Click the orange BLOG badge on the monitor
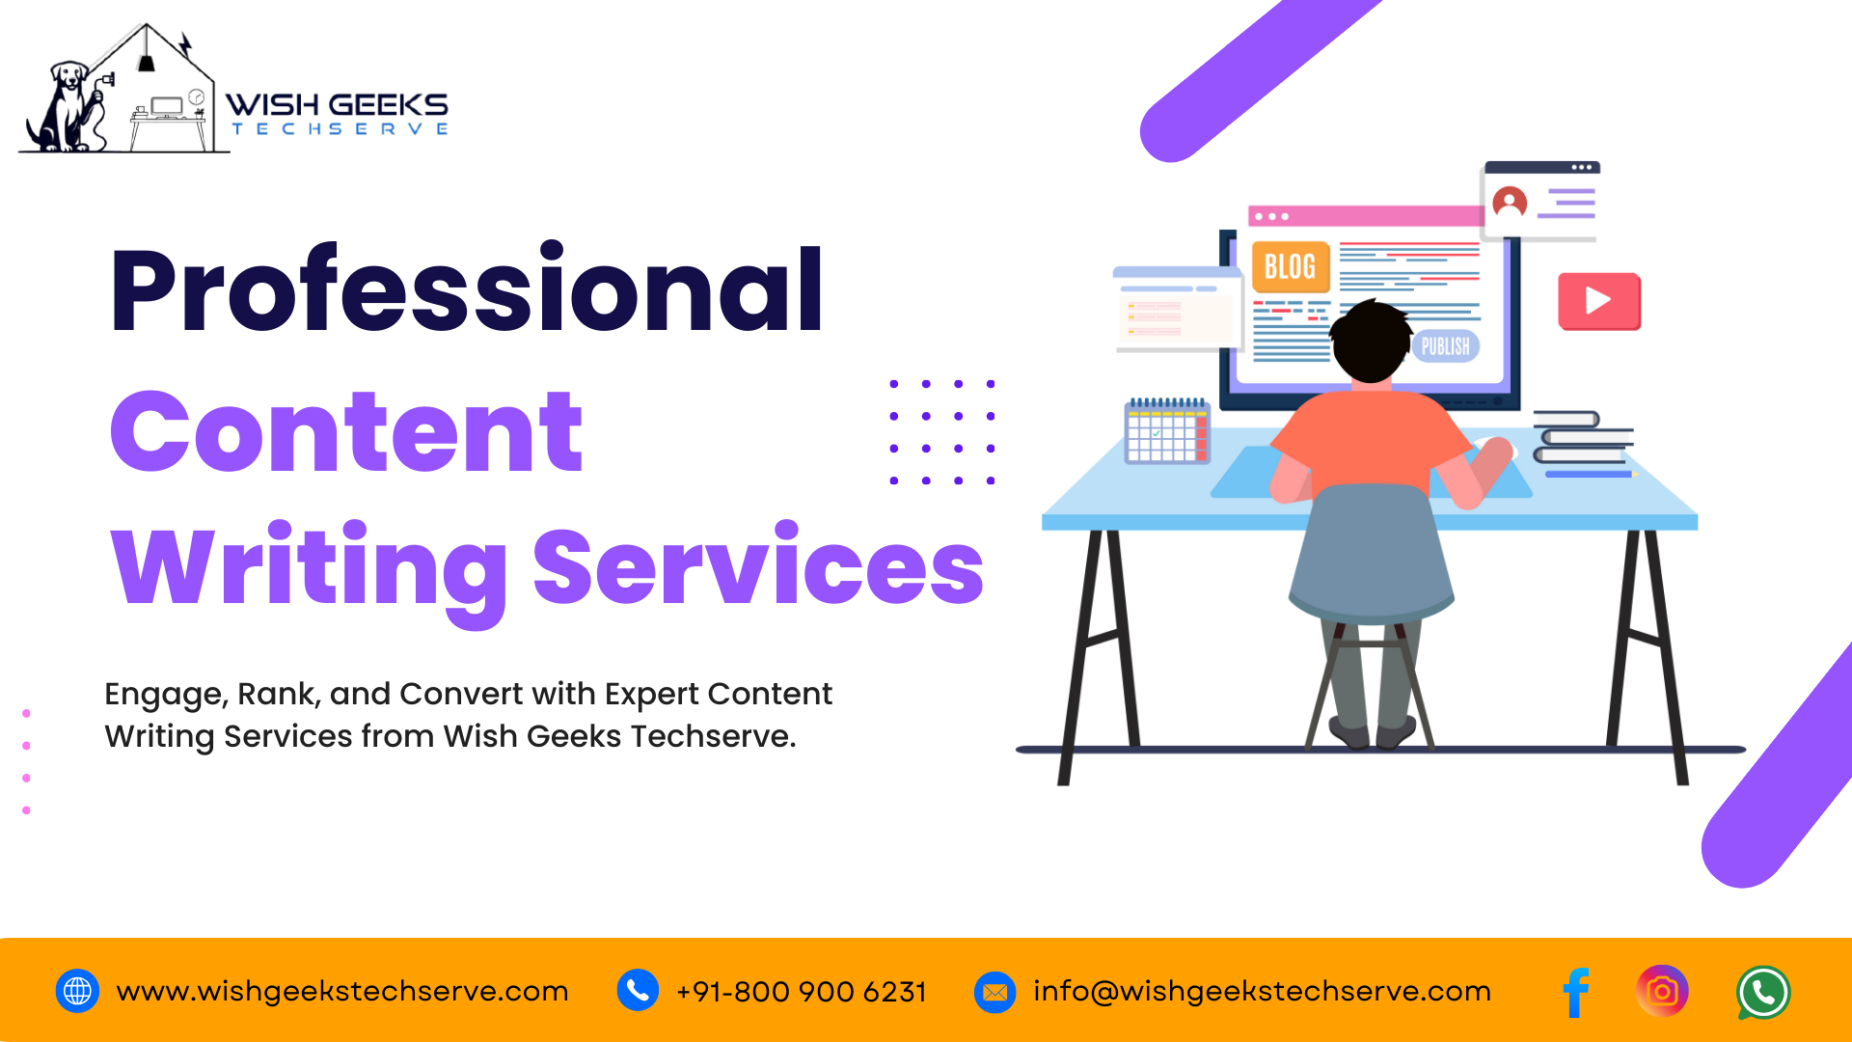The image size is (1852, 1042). coord(1291,266)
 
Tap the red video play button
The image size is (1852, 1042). coord(1599,301)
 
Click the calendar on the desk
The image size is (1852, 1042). coord(1167,431)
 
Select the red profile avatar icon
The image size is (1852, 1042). coord(1510,203)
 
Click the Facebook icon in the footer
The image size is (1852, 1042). coord(1576,992)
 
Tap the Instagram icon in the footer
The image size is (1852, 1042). coord(1662,991)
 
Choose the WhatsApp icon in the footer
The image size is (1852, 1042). coord(1763,993)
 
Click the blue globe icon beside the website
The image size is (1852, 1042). coord(77,991)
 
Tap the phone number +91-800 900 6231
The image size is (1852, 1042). coord(802,992)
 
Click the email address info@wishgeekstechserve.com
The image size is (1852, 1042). coord(1262,992)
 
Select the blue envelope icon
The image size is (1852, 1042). coord(995,992)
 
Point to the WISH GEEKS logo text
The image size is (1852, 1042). coord(337,104)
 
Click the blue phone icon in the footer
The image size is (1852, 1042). coord(638,991)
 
